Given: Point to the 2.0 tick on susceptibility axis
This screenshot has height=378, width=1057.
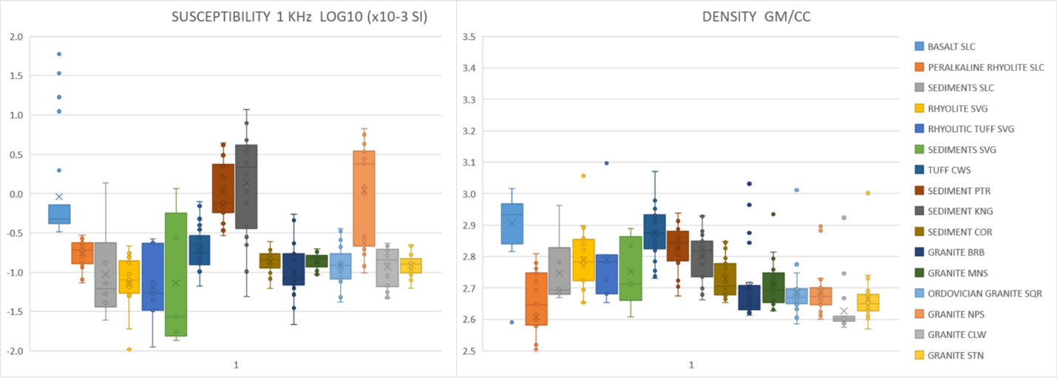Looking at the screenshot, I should coord(16,37).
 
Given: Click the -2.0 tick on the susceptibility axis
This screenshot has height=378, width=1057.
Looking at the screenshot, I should coord(15,351).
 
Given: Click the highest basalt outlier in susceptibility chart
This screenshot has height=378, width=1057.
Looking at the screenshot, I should coord(58,54).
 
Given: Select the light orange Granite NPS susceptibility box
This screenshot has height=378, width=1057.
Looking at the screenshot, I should coord(363,198).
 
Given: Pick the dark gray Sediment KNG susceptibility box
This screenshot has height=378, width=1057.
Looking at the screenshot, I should coord(246,186).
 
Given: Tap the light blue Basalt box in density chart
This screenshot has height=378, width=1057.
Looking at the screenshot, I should coord(511,224).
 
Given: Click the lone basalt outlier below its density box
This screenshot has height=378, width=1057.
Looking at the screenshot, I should coord(511,322).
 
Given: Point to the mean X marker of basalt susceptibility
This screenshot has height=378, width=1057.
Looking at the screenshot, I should coord(58,196).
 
